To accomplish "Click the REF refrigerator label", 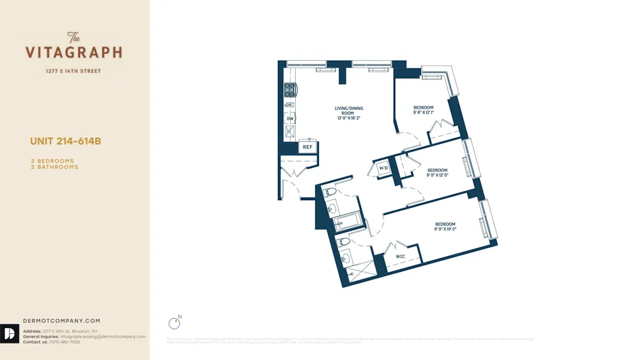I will [307, 147].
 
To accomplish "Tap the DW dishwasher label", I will [290, 119].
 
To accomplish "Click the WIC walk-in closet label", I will [401, 256].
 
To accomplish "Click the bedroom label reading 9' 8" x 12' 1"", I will [423, 110].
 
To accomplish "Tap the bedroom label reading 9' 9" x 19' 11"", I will [445, 226].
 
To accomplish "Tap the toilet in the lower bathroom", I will [344, 242].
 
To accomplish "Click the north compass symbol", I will [173, 323].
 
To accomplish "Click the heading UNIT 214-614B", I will [66, 141].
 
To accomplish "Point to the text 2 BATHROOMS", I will [54, 167].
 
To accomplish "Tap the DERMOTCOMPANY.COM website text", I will [61, 321].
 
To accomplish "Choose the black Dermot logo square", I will [10, 334].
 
